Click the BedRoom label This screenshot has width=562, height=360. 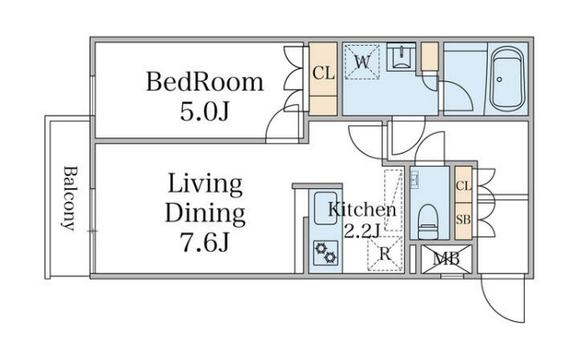(205, 83)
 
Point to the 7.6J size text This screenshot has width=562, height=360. (205, 242)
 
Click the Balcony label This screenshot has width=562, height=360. (69, 198)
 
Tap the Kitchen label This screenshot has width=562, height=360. (362, 210)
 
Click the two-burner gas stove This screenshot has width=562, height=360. (325, 253)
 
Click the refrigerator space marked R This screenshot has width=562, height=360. (384, 254)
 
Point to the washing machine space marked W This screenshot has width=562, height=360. (362, 61)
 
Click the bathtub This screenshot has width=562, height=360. (507, 79)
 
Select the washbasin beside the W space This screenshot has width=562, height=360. (401, 57)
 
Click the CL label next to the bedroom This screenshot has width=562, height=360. (323, 73)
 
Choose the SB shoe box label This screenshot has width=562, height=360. (463, 219)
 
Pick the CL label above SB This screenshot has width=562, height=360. (464, 186)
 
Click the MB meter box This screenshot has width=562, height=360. (446, 259)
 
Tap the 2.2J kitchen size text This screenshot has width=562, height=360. (362, 231)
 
